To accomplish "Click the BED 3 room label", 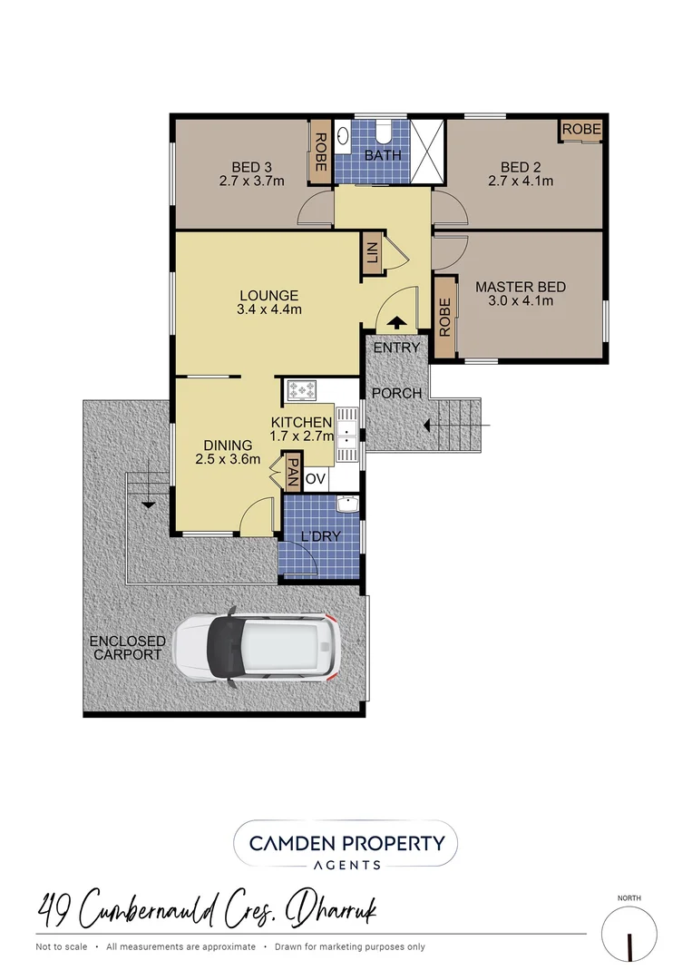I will tap(251, 167).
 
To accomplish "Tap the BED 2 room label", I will tap(520, 167).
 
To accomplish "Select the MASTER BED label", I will tap(521, 287).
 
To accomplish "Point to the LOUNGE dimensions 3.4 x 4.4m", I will tap(269, 309).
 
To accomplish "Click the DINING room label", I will tap(228, 445).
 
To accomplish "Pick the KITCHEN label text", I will tap(301, 422).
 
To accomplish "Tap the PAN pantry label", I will tap(293, 472).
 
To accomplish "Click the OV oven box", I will tap(315, 478).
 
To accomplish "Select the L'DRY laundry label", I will tap(321, 536).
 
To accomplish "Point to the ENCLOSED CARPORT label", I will tap(128, 648).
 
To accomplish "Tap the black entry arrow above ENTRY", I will tap(397, 323).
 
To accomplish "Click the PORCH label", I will tap(397, 393).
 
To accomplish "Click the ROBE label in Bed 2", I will tap(580, 130).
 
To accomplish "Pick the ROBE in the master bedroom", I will tap(444, 317).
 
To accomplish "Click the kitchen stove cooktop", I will tap(301, 390).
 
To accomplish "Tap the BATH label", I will tap(382, 155).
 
